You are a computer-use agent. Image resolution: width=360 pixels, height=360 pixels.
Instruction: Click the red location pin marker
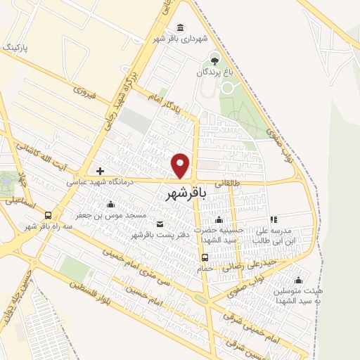pyautogui.click(x=181, y=165)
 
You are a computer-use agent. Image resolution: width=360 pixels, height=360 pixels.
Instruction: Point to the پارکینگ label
pyautogui.click(x=18, y=48)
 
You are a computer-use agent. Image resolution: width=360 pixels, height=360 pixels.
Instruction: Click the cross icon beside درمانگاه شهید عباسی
pyautogui.click(x=101, y=171)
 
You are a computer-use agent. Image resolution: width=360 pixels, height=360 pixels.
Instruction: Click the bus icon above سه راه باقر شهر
pyautogui.click(x=48, y=214)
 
